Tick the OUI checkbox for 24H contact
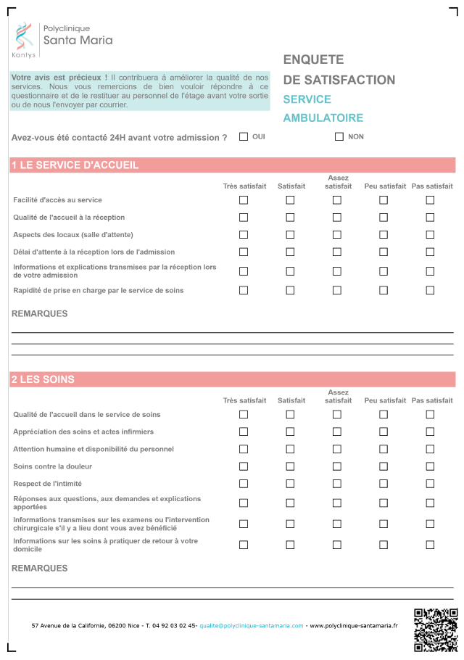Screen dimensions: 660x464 pyautogui.click(x=244, y=136)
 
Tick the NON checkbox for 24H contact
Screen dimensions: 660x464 pyautogui.click(x=339, y=136)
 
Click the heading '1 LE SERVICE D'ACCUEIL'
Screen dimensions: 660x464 pyautogui.click(x=75, y=165)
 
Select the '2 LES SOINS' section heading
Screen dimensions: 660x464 pyautogui.click(x=43, y=379)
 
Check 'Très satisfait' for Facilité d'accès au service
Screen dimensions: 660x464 pyautogui.click(x=244, y=200)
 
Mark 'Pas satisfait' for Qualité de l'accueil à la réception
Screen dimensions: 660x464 pyautogui.click(x=430, y=218)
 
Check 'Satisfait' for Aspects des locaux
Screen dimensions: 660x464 pyautogui.click(x=290, y=235)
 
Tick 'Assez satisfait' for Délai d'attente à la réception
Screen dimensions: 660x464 pyautogui.click(x=337, y=252)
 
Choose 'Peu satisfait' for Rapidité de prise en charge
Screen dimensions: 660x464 pyautogui.click(x=384, y=290)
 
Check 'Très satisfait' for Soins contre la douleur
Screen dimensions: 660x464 pyautogui.click(x=244, y=466)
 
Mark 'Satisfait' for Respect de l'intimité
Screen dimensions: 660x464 pyautogui.click(x=290, y=484)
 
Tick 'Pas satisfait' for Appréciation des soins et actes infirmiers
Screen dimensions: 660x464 pyautogui.click(x=430, y=432)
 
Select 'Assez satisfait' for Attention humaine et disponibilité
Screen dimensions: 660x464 pyautogui.click(x=337, y=449)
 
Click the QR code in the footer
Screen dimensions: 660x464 pyautogui.click(x=435, y=629)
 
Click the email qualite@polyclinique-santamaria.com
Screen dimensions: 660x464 pyautogui.click(x=252, y=625)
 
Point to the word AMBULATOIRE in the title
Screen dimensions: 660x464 pyautogui.click(x=323, y=117)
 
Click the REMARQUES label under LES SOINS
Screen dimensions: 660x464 pyautogui.click(x=40, y=569)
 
